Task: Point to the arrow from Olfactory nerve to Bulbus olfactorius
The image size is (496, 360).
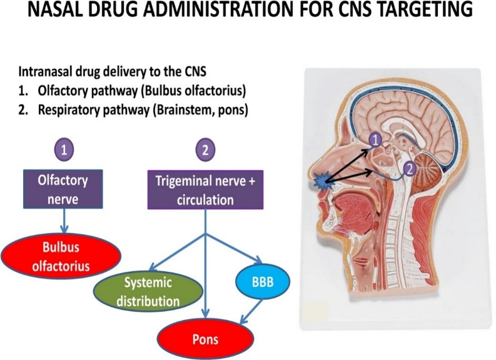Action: tap(64, 222)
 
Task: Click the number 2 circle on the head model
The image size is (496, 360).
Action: tap(408, 167)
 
